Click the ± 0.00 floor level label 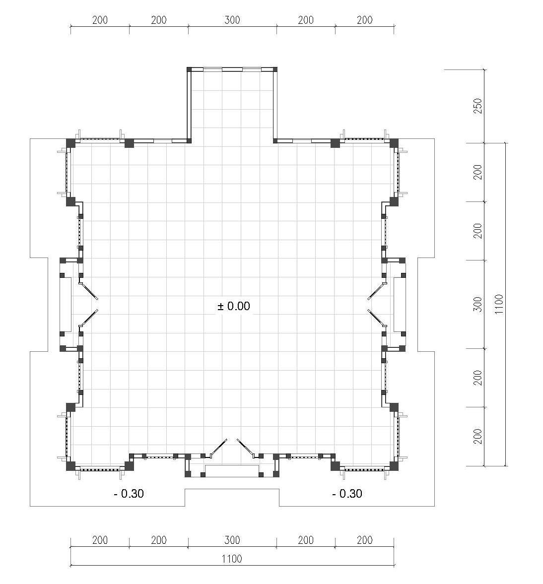pyautogui.click(x=234, y=306)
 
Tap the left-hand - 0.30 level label pyautogui.click(x=129, y=494)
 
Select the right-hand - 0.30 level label pyautogui.click(x=347, y=494)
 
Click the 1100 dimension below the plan pyautogui.click(x=232, y=559)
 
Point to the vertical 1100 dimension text pyautogui.click(x=499, y=304)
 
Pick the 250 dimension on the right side pyautogui.click(x=477, y=106)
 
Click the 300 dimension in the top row pyautogui.click(x=232, y=20)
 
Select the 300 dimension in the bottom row pyautogui.click(x=232, y=540)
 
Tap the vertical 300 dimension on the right pyautogui.click(x=477, y=304)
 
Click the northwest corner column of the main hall pyautogui.click(x=71, y=143)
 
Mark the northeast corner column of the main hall pyautogui.click(x=394, y=143)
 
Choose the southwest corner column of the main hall pyautogui.click(x=71, y=466)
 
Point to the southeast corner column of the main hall pyautogui.click(x=394, y=466)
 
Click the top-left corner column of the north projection pyautogui.click(x=189, y=69)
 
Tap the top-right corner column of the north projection pyautogui.click(x=275, y=69)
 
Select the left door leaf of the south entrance pyautogui.click(x=219, y=448)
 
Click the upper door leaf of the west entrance pyautogui.click(x=89, y=290)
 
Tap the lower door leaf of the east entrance pyautogui.click(x=376, y=318)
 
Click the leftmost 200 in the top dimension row pyautogui.click(x=100, y=20)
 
